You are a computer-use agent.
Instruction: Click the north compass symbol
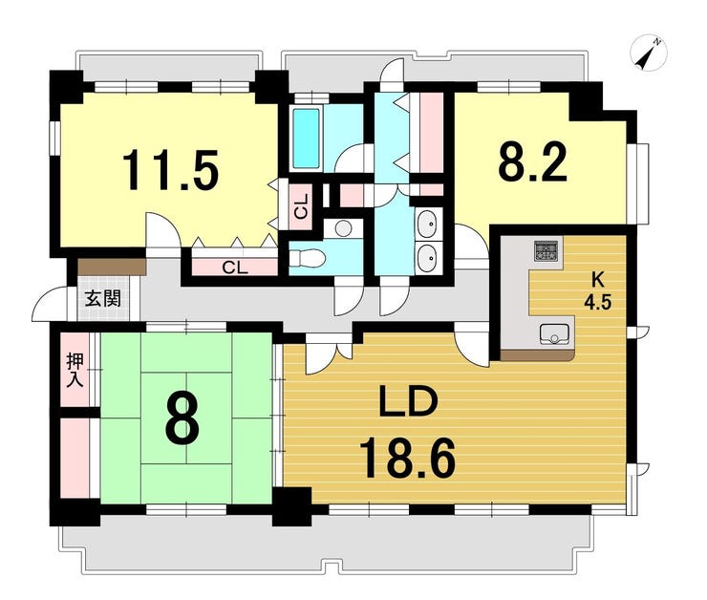point(648,54)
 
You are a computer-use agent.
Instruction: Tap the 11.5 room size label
point(171,171)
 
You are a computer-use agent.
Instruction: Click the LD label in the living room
point(409,401)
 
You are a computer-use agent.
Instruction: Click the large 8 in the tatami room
point(182,418)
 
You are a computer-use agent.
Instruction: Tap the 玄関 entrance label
point(103,298)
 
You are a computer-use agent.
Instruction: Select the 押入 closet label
point(75,371)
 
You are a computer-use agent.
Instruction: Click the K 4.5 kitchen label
point(597,291)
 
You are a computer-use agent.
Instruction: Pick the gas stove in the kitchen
point(546,251)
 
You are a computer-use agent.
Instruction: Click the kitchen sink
point(554,334)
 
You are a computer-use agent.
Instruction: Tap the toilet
point(307,259)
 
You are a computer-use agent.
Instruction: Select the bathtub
point(306,138)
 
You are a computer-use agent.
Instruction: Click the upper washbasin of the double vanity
point(426,224)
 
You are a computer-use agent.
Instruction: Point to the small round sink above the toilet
point(344,227)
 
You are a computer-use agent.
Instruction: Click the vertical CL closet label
point(301,206)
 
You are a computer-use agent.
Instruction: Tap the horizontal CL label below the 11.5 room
point(235,268)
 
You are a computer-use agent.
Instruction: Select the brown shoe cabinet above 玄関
point(112,267)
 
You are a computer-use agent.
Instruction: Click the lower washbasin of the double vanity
point(426,259)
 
